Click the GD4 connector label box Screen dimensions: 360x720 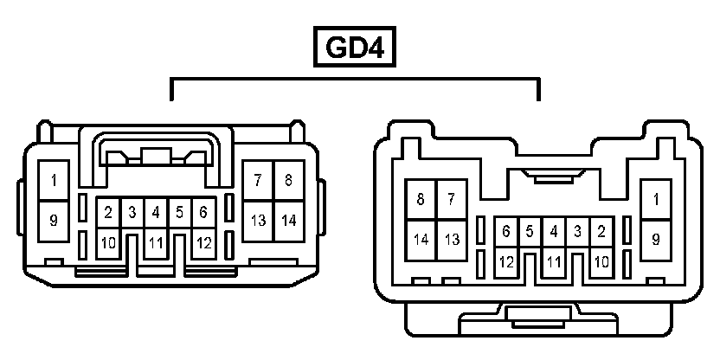click(x=355, y=48)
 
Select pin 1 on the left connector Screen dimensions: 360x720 click(x=54, y=181)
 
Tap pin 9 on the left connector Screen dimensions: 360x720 click(x=54, y=220)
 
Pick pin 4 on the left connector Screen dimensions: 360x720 click(x=155, y=212)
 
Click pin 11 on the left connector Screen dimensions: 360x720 click(x=155, y=242)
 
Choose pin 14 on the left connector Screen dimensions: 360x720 click(x=289, y=220)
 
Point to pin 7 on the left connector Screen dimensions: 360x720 click(x=258, y=181)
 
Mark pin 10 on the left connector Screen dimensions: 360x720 click(x=108, y=242)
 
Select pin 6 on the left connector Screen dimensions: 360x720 click(x=202, y=212)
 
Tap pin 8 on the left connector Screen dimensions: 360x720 click(x=289, y=181)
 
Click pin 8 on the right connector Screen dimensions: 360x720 click(x=421, y=200)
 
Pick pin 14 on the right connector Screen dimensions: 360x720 click(x=421, y=240)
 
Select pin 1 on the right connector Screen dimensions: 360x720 click(x=656, y=200)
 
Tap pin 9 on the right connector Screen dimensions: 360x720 click(x=656, y=240)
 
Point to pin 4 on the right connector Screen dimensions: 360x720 click(x=554, y=231)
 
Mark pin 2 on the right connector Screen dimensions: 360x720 click(x=601, y=231)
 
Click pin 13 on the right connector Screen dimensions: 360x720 click(x=451, y=240)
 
